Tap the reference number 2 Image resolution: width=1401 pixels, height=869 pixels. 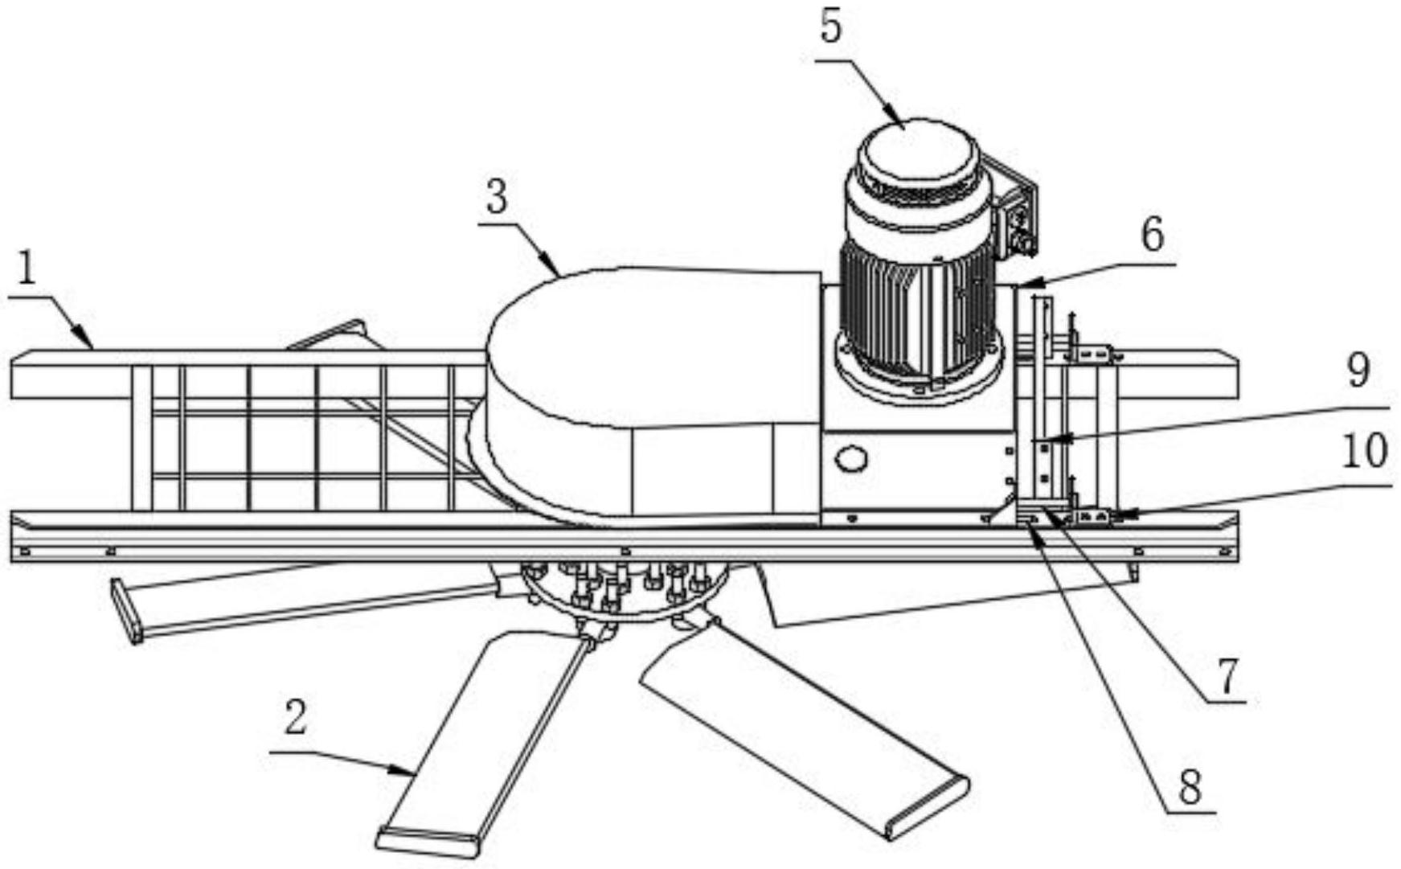[x=295, y=718]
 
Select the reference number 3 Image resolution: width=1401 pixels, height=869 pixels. [x=497, y=198]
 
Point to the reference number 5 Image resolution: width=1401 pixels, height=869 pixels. [x=831, y=27]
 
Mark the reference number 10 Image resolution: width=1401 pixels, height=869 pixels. [x=1364, y=451]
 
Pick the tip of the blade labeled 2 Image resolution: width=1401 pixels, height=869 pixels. [x=428, y=841]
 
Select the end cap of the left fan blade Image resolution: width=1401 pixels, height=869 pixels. [x=127, y=612]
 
